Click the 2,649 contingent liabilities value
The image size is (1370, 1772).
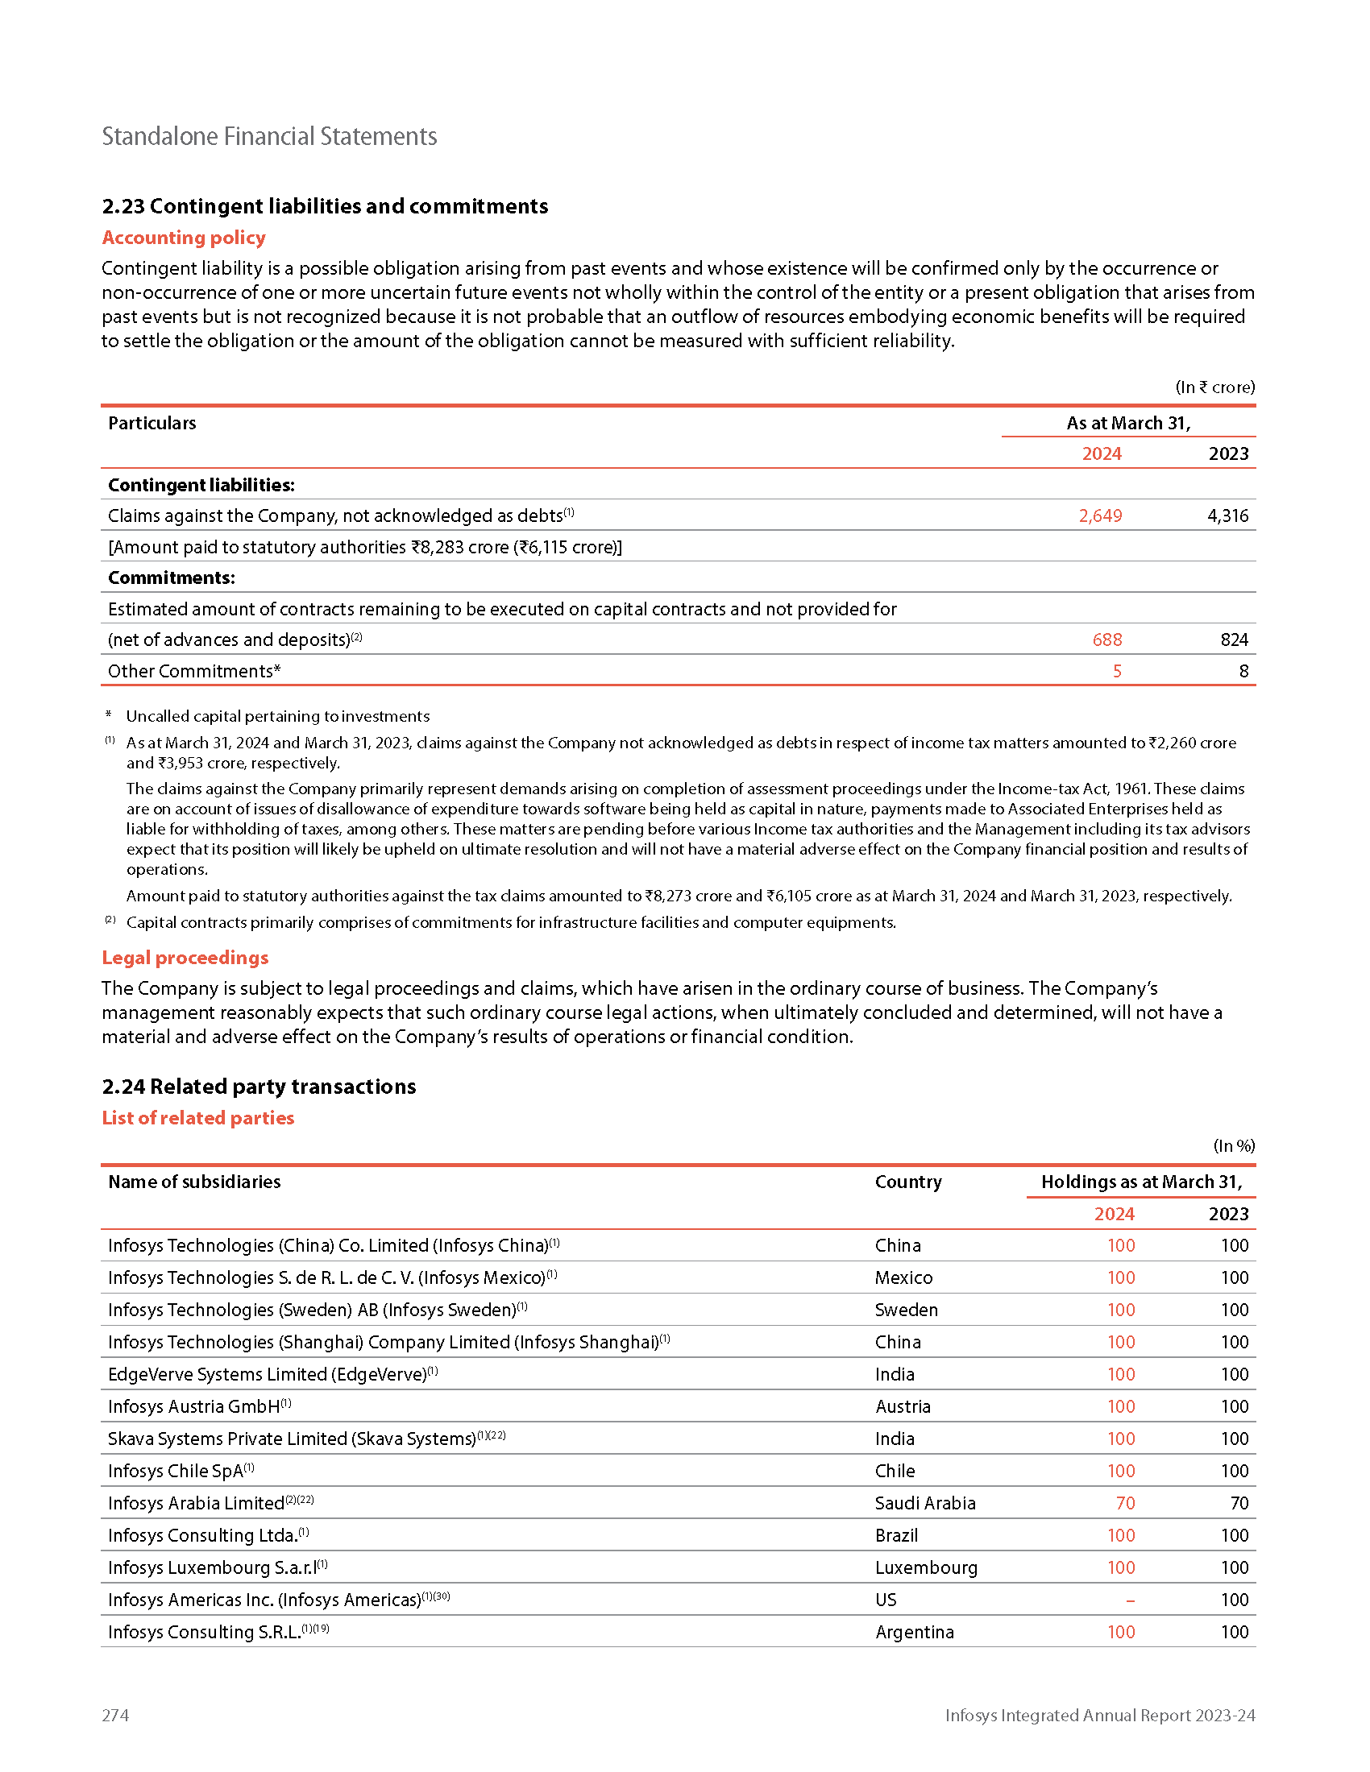(1100, 516)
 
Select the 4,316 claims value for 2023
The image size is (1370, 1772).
(1227, 516)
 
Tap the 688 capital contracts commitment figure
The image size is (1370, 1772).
(1107, 640)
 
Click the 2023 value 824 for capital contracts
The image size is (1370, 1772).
(1234, 640)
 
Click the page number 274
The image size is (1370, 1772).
(115, 1714)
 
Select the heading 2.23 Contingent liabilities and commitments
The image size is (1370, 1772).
(325, 206)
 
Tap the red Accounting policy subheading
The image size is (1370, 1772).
(184, 238)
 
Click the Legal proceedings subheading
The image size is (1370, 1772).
(185, 958)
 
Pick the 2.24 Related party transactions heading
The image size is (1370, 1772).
(259, 1087)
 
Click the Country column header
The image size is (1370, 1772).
(908, 1182)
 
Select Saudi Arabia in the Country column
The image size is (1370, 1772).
(925, 1503)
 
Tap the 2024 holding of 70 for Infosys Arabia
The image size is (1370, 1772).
(1125, 1503)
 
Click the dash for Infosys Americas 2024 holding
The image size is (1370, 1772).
(1130, 1600)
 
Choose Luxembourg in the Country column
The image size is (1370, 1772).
(926, 1567)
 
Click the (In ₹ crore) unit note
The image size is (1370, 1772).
(1215, 387)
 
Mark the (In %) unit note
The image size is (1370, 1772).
(1234, 1145)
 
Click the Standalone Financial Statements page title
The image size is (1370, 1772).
(269, 136)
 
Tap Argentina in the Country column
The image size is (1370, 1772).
(915, 1632)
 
